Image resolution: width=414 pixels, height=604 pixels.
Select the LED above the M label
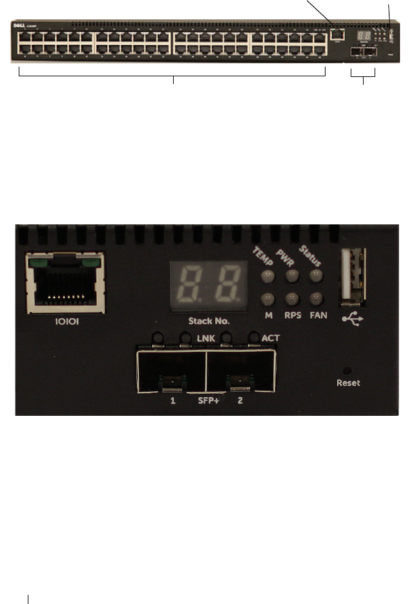click(x=267, y=299)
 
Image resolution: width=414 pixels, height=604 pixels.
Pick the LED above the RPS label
click(x=292, y=299)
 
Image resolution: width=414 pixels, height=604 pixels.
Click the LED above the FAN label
click(x=316, y=299)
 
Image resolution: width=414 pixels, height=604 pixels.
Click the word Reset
click(x=349, y=382)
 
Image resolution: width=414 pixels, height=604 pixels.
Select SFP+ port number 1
click(x=172, y=371)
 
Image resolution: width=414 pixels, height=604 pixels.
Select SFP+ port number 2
click(x=238, y=371)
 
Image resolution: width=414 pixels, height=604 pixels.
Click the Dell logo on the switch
click(x=19, y=27)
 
